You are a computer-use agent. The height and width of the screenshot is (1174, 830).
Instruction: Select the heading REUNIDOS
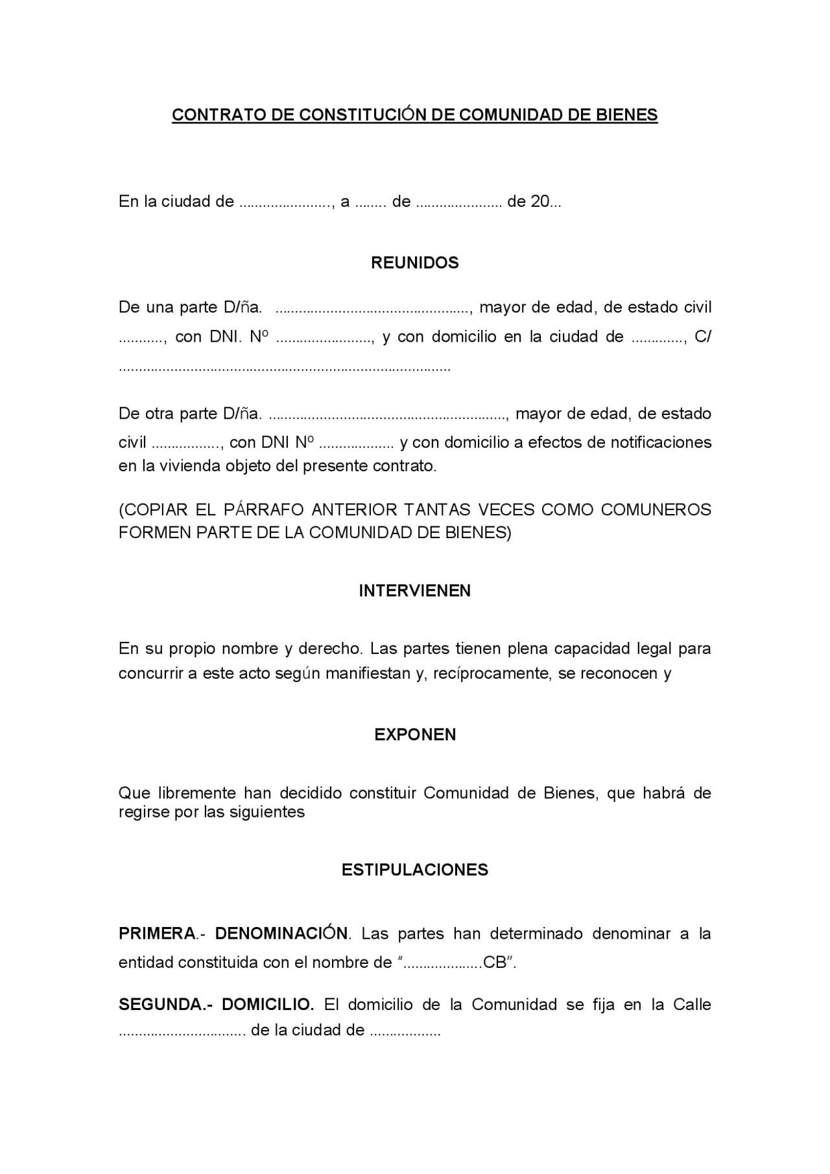(415, 263)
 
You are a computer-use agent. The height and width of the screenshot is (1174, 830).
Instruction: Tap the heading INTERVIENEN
(415, 591)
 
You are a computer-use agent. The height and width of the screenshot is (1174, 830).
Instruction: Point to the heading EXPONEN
(415, 734)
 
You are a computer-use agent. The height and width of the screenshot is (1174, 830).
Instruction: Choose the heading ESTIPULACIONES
(415, 869)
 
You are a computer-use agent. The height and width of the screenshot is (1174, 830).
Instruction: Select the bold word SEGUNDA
(160, 1004)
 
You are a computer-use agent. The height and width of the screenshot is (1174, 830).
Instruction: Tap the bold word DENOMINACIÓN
(281, 933)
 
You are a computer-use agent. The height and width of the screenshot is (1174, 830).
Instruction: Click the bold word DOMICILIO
(267, 1004)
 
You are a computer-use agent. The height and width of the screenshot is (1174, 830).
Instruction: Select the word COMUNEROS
(656, 510)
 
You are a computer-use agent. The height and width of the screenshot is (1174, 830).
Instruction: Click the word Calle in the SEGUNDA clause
(692, 1004)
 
